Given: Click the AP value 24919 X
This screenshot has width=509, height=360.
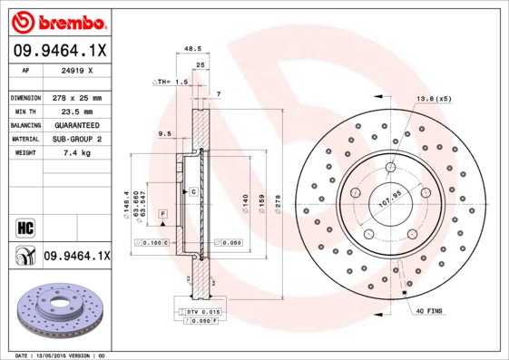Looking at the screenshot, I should pyautogui.click(x=76, y=70).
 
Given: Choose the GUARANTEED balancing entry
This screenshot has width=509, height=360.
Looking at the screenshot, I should pyautogui.click(x=76, y=125).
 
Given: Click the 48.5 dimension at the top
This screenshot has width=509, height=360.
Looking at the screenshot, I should pyautogui.click(x=192, y=50).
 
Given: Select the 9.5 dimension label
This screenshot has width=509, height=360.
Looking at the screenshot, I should pyautogui.click(x=165, y=134).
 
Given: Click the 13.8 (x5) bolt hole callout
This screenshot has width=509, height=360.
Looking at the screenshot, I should pyautogui.click(x=433, y=98).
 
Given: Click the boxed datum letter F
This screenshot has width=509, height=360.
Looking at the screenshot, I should pyautogui.click(x=162, y=212).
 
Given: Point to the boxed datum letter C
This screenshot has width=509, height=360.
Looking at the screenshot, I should pyautogui.click(x=193, y=192).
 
